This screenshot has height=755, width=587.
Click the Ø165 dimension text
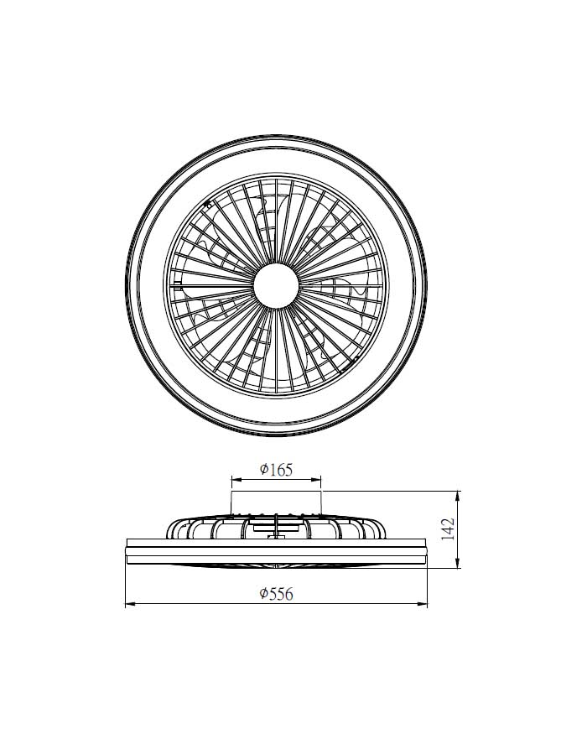click(276, 469)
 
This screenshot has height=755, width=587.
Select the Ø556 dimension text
click(276, 594)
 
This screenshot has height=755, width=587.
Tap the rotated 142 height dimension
click(448, 529)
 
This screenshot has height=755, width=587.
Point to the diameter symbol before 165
click(263, 469)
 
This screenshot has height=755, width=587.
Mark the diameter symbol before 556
click(263, 594)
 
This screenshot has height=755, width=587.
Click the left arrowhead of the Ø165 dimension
click(236, 480)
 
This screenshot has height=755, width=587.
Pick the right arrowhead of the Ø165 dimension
click(317, 480)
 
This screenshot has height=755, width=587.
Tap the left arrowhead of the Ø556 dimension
click(130, 604)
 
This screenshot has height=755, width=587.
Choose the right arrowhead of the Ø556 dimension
click(423, 604)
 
